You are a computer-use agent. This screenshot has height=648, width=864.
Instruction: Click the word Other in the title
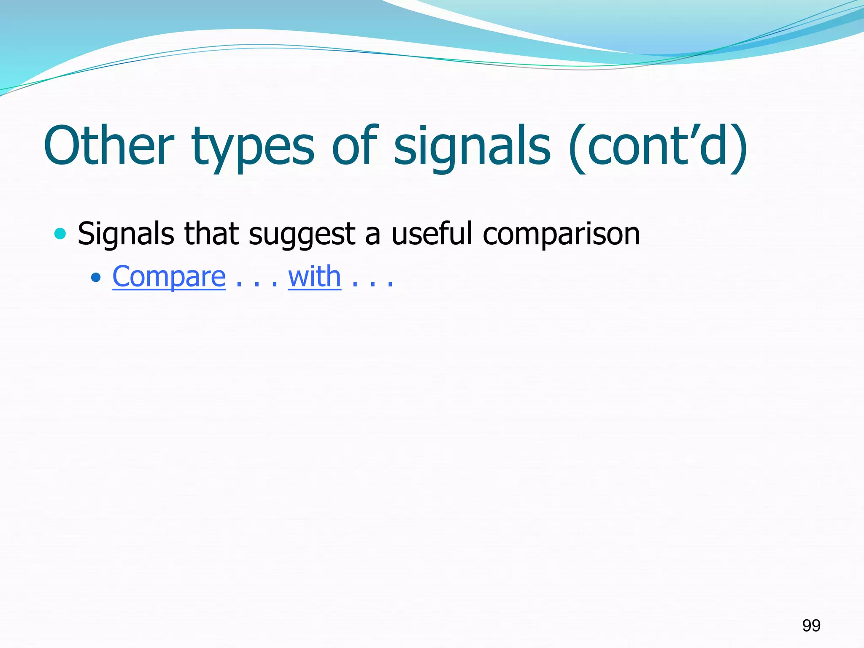tap(109, 146)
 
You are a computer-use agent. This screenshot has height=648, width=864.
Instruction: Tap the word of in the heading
tap(354, 146)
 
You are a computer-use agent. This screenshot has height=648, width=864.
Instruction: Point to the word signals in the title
tap(472, 148)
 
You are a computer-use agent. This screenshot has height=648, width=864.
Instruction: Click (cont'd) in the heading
tap(658, 146)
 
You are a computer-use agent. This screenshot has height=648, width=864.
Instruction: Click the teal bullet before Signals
tap(60, 233)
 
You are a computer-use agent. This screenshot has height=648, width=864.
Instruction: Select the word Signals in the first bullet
tap(126, 234)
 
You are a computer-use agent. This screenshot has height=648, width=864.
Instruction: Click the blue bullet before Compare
tap(96, 277)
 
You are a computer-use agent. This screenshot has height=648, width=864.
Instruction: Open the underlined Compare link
tap(169, 277)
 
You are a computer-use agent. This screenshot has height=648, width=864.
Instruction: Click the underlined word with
tap(314, 277)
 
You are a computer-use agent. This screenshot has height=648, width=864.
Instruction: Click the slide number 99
tap(811, 625)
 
